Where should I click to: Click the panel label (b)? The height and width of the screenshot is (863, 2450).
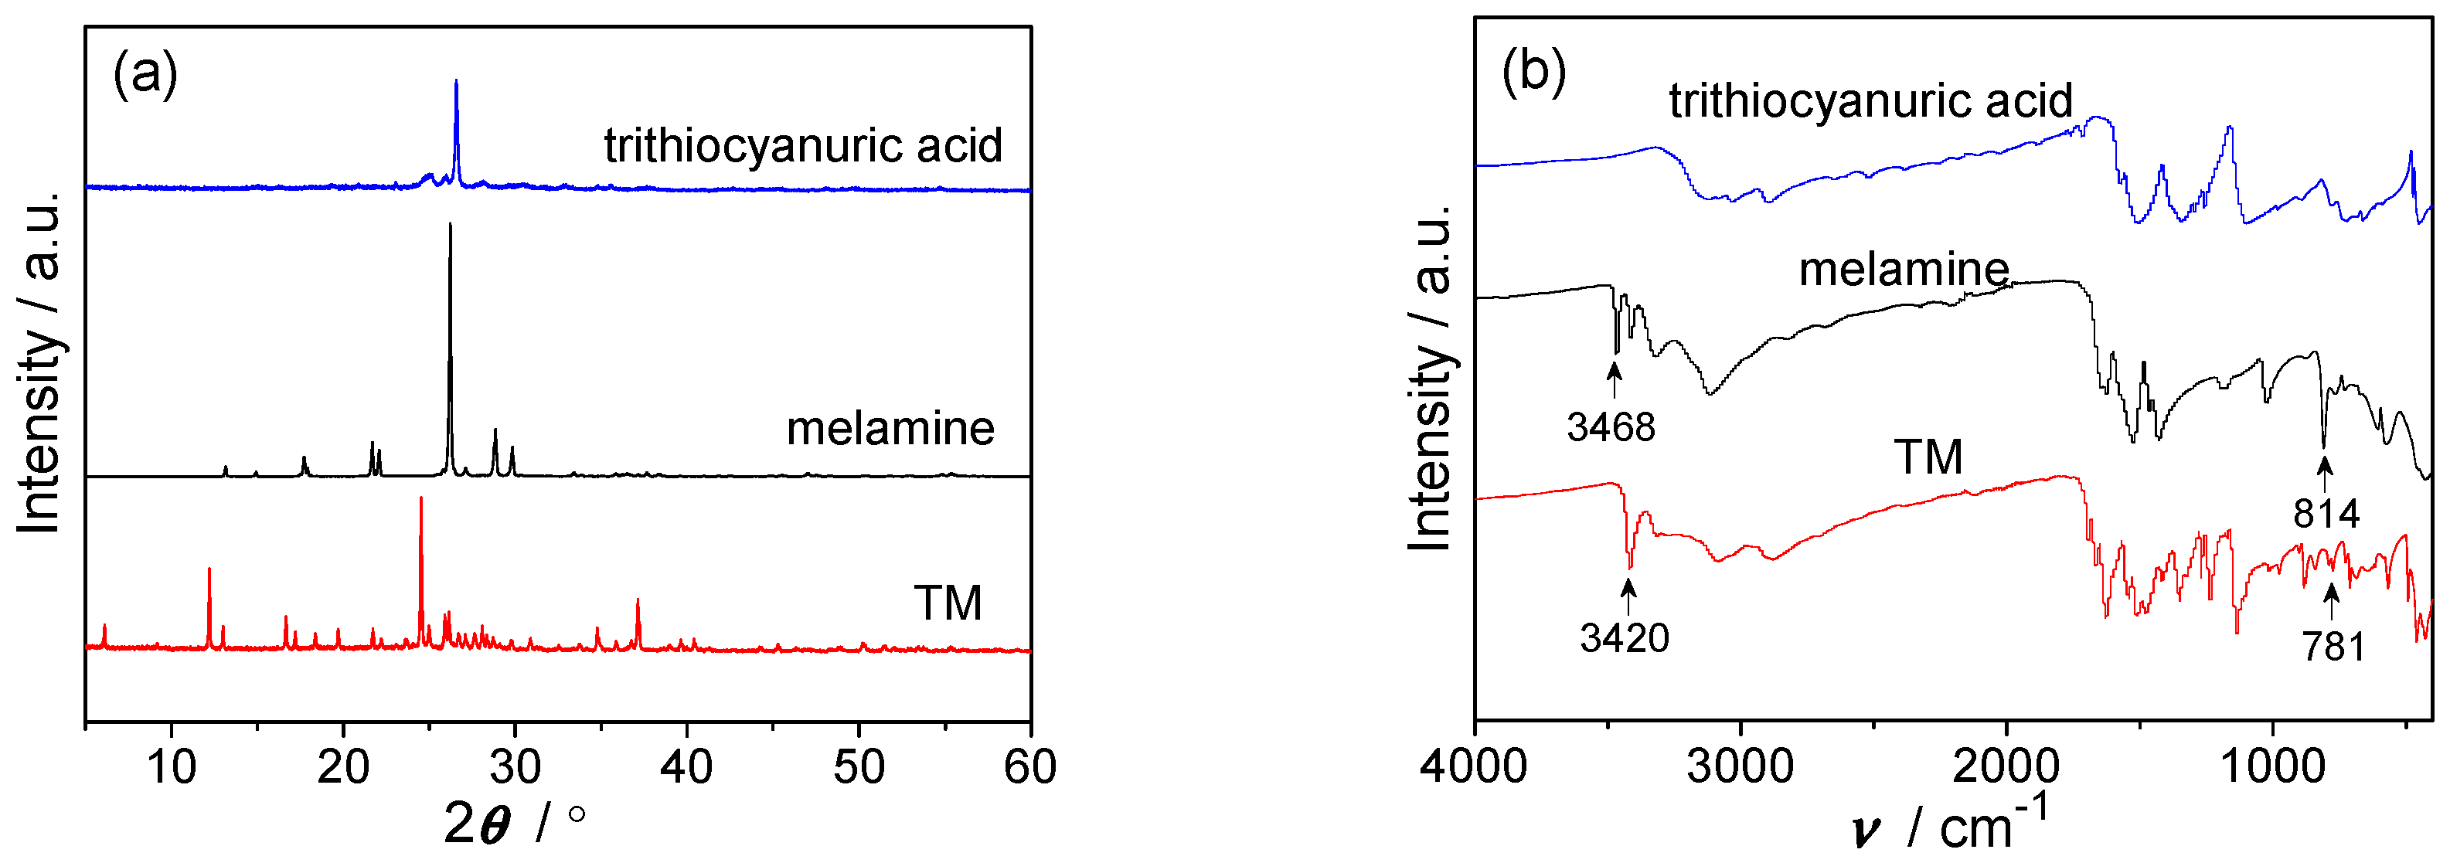tap(1533, 70)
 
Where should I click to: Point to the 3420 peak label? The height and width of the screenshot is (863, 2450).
tap(1625, 637)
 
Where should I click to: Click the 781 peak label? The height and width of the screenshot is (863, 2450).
tap(2333, 647)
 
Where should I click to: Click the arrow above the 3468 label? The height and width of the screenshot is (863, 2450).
tap(1614, 379)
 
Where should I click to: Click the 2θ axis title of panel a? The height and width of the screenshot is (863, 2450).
tap(515, 823)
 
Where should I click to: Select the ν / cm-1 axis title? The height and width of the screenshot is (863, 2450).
tap(1950, 823)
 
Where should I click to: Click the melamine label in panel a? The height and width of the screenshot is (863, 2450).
tap(890, 429)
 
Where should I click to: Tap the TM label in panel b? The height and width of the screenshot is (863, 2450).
tap(1928, 457)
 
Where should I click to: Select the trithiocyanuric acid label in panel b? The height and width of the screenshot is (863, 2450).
tap(1870, 100)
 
